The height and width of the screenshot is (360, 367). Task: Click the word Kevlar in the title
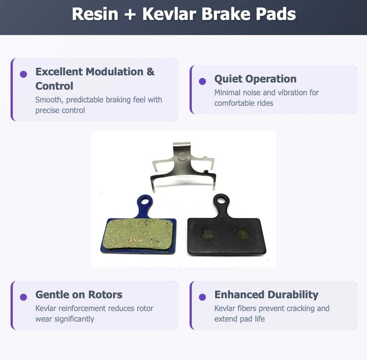[x=170, y=14]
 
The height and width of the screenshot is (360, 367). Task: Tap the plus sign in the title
[x=130, y=15]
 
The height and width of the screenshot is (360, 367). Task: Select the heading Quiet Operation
[x=255, y=79]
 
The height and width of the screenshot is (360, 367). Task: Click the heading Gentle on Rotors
[x=79, y=295]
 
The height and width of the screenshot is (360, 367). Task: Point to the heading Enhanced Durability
[x=266, y=295]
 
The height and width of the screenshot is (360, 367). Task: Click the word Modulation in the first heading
[x=115, y=72]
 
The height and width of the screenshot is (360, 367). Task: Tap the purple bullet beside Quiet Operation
[x=203, y=81]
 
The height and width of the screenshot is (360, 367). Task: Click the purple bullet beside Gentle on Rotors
[x=23, y=297]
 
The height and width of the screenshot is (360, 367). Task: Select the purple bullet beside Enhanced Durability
[x=203, y=297]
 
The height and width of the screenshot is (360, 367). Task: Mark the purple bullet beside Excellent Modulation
[x=23, y=74]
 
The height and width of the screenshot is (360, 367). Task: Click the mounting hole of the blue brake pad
[x=144, y=201]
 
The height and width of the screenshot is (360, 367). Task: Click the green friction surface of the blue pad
[x=138, y=234]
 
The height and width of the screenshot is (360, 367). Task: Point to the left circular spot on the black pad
[x=208, y=234]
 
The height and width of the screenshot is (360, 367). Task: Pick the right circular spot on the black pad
[x=243, y=234]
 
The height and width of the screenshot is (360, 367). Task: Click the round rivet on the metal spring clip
[x=182, y=157]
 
